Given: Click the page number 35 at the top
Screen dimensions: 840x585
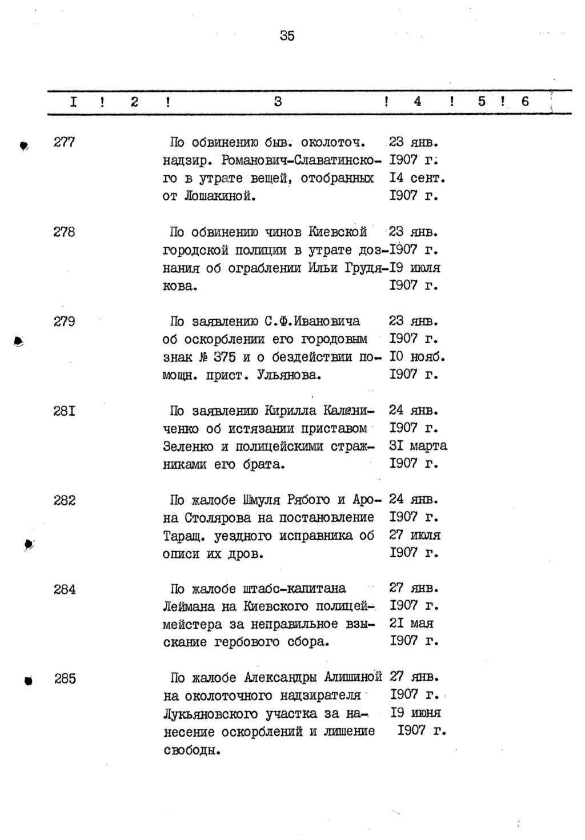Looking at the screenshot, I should coord(287,36).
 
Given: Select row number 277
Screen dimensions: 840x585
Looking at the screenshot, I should coord(64,142).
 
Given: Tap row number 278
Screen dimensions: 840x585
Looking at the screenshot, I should coord(64,232).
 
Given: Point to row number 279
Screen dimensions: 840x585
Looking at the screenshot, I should coord(64,321).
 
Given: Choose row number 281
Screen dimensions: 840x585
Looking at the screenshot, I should coord(64,411).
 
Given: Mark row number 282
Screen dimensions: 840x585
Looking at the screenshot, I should coord(64,500).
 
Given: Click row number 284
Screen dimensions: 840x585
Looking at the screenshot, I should coord(65,589).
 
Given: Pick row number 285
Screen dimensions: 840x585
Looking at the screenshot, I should coord(65,679).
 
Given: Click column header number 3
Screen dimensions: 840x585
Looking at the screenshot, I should coord(278,102).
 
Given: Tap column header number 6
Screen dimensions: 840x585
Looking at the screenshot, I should coord(525,102).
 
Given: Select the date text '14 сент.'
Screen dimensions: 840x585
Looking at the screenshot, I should coord(416,178).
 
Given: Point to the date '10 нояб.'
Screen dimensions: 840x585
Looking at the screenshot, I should coord(416,357).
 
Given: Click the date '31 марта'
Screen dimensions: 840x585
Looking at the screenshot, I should coord(418,445).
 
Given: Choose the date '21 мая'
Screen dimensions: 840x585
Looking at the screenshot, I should coord(411,623).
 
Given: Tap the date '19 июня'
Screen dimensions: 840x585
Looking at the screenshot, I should coord(415,713).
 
